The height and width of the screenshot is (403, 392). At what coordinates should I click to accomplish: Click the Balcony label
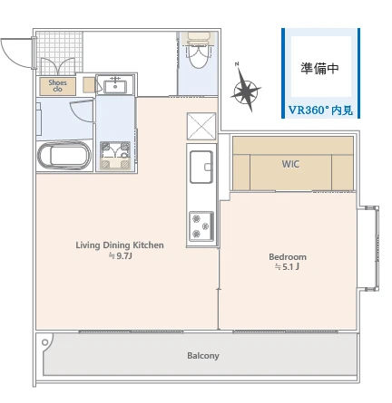(x=203, y=356)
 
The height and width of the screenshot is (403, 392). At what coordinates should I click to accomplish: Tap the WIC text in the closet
(x=290, y=164)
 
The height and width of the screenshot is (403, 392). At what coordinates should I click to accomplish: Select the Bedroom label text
(x=288, y=257)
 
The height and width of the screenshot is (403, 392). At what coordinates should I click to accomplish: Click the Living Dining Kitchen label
(x=120, y=245)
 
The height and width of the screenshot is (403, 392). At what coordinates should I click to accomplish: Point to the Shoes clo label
(x=57, y=86)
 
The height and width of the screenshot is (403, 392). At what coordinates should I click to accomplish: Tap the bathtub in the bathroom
(x=64, y=156)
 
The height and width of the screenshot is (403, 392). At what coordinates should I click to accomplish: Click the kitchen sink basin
(x=201, y=167)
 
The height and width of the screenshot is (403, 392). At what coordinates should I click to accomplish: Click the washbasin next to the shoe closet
(x=115, y=84)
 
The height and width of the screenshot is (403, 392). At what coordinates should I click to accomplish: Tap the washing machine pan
(x=115, y=155)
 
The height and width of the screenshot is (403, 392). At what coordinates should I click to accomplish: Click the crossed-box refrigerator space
(x=201, y=126)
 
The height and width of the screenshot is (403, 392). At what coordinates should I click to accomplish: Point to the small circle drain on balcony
(x=45, y=342)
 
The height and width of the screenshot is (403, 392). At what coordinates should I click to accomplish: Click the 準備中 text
(x=319, y=68)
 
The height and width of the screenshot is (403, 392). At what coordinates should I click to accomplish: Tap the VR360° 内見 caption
(x=320, y=110)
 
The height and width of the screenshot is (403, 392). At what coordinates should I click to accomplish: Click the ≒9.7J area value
(x=121, y=256)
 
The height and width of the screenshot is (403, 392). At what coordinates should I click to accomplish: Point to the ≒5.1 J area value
(x=287, y=267)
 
